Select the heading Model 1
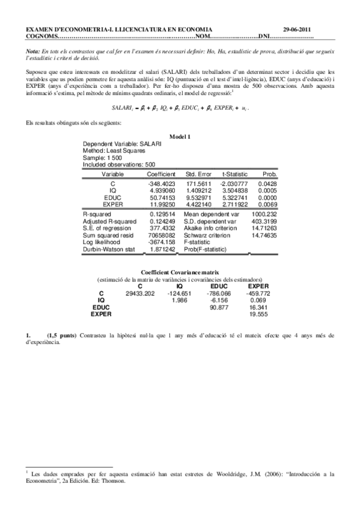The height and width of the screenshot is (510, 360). click(180, 137)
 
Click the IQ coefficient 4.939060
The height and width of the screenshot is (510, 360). click(160, 189)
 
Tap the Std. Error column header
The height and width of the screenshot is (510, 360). click(197, 173)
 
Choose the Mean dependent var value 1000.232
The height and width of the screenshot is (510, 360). click(263, 214)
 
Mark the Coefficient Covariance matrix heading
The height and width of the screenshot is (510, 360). click(180, 272)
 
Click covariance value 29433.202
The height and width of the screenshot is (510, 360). click(141, 293)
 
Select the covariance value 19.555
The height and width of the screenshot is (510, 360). click(258, 313)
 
